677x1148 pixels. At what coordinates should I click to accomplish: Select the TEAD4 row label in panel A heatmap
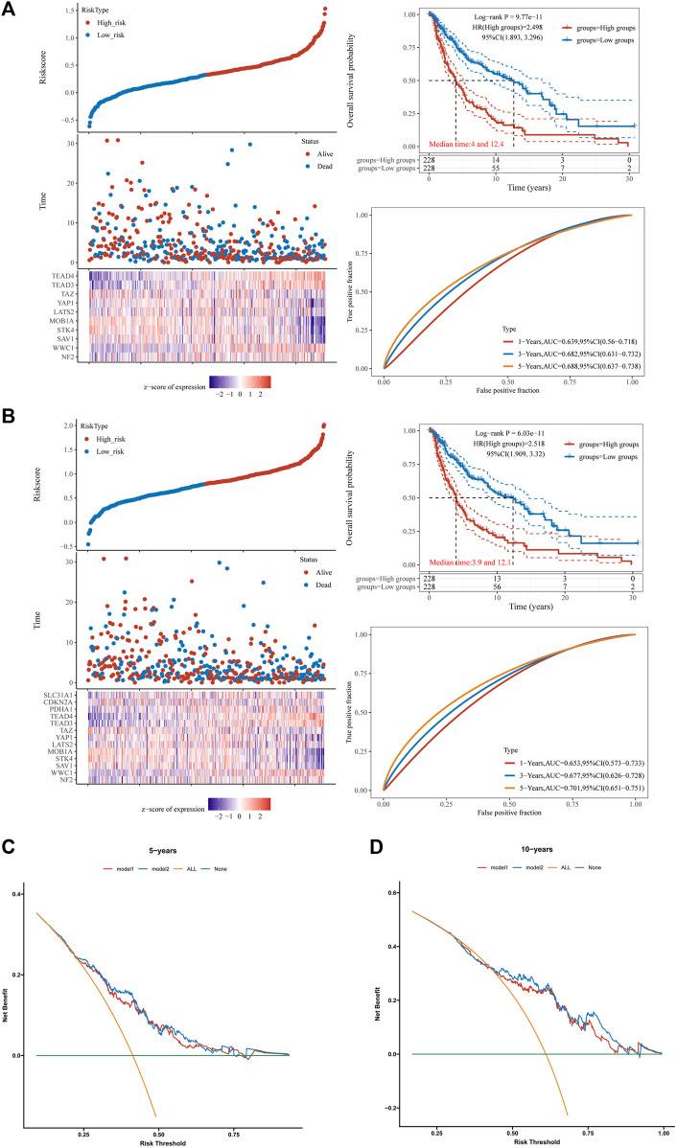pyautogui.click(x=73, y=275)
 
